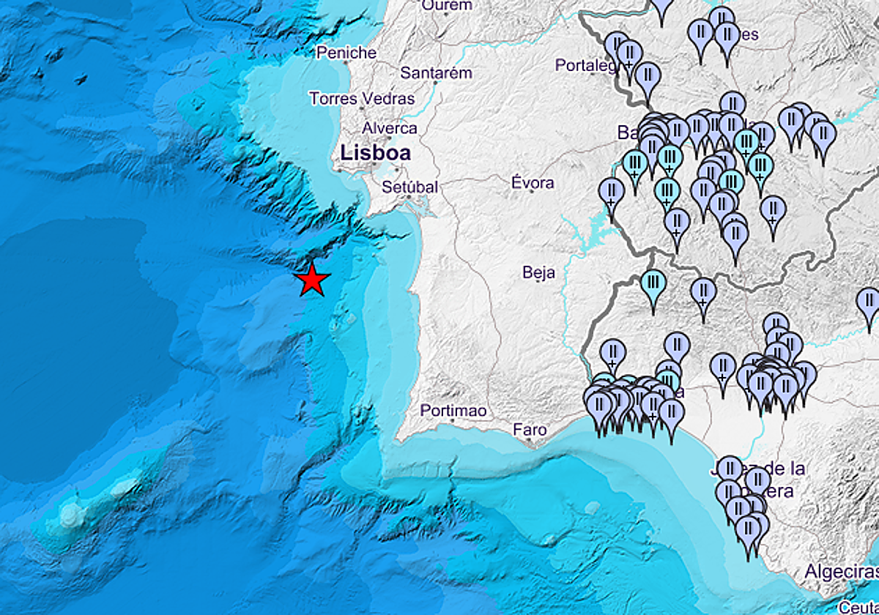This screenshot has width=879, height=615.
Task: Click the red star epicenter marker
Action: tap(313, 280)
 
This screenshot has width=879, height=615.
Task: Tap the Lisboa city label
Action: tap(374, 154)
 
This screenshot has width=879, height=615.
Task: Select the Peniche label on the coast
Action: tap(346, 53)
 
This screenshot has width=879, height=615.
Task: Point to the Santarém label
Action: tap(436, 73)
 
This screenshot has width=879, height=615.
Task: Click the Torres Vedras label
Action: tap(361, 98)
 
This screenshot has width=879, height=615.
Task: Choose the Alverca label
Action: tap(390, 128)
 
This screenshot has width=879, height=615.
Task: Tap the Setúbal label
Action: tap(409, 187)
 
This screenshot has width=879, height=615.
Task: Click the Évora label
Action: tap(533, 182)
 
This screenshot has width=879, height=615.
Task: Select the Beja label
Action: tap(538, 273)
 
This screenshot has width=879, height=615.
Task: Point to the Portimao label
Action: tap(453, 411)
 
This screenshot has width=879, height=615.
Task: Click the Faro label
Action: tap(530, 430)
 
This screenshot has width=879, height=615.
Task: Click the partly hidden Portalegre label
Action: tap(586, 66)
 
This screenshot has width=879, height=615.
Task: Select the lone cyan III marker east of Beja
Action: tap(653, 283)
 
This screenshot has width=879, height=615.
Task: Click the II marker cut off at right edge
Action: tap(869, 302)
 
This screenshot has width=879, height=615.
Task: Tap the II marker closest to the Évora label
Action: tap(611, 193)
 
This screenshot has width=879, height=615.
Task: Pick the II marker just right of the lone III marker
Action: tap(703, 291)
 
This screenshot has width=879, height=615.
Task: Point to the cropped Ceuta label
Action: tap(858, 607)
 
